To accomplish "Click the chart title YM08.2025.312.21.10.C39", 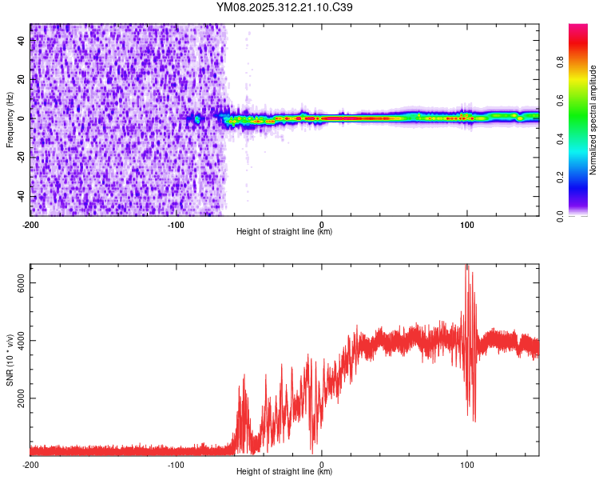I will [x=285, y=8].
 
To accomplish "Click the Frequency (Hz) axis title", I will [x=10, y=119].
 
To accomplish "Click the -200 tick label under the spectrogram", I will [x=30, y=224].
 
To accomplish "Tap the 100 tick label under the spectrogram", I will [x=467, y=224].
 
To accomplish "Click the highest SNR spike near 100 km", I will [x=466, y=266].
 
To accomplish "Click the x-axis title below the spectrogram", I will [x=284, y=232].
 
